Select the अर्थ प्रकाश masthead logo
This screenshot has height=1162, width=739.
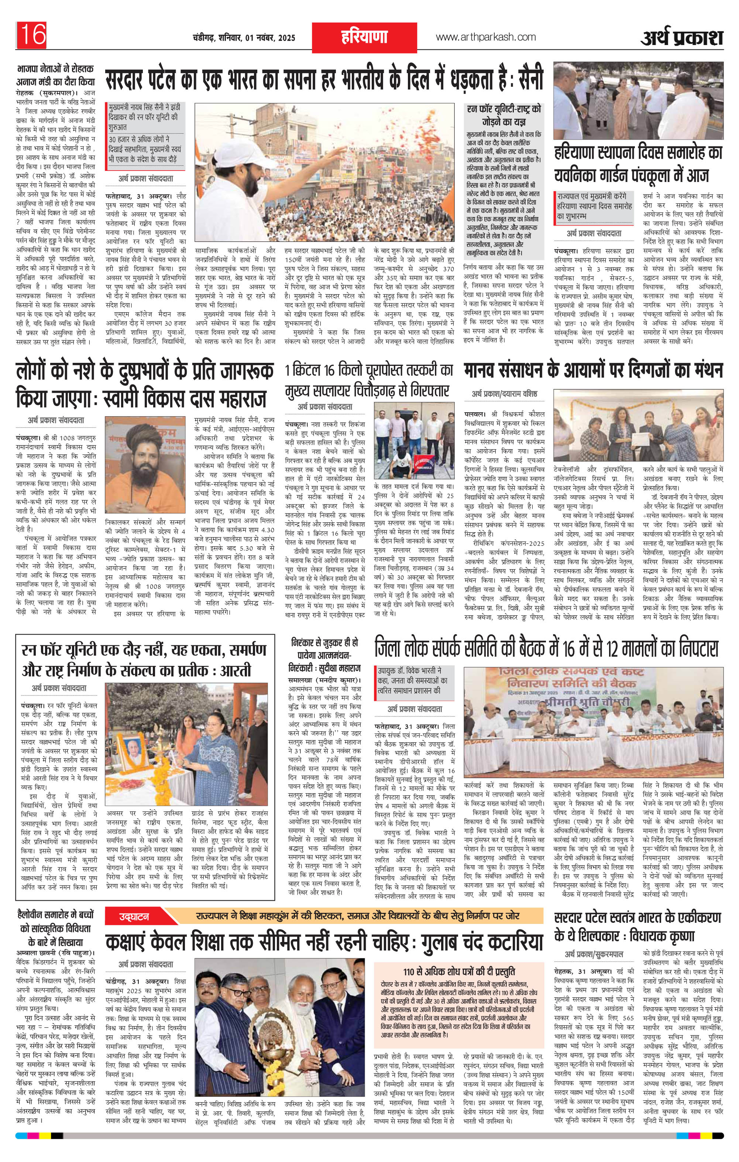(681, 38)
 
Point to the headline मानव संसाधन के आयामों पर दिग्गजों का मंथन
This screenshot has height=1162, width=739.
(593, 372)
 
